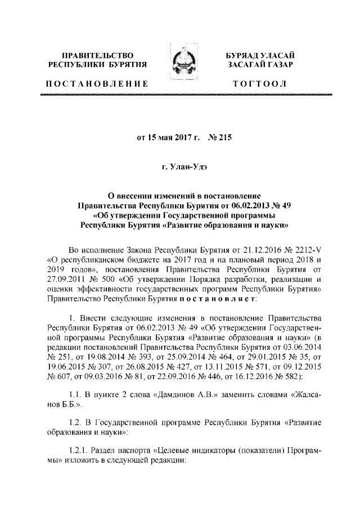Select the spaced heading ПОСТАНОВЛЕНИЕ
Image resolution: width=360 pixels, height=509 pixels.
[x=97, y=84]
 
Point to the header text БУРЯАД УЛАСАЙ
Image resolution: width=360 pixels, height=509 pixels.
[x=259, y=55]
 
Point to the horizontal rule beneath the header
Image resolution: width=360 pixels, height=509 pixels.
[x=180, y=97]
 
